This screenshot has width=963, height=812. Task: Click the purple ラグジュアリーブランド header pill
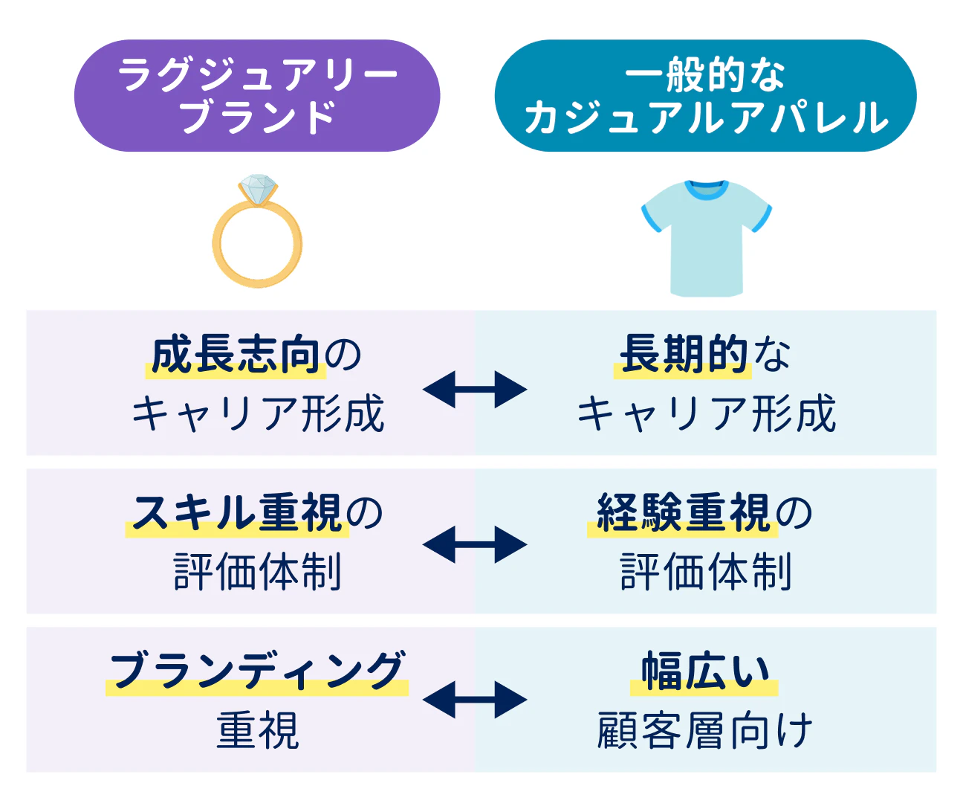257,96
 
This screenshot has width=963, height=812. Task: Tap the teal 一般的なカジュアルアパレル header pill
705,96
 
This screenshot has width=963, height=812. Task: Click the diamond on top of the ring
258,189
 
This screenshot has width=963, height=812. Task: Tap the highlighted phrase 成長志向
235,355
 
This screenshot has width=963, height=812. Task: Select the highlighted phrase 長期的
684,355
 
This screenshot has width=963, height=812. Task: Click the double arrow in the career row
475,389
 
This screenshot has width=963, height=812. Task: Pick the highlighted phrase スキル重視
237,513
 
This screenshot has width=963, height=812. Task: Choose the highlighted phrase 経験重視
683,513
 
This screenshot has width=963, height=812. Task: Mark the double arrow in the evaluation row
475,545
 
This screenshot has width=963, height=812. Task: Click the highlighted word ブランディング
257,671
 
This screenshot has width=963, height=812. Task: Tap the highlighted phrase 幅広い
705,671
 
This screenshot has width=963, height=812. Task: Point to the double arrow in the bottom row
475,700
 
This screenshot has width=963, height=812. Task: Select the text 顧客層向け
705,731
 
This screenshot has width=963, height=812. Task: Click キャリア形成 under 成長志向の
258,414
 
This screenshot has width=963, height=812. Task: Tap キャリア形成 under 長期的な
707,414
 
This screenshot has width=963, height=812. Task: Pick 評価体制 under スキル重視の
258,572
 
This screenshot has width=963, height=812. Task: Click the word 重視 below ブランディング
258,731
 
